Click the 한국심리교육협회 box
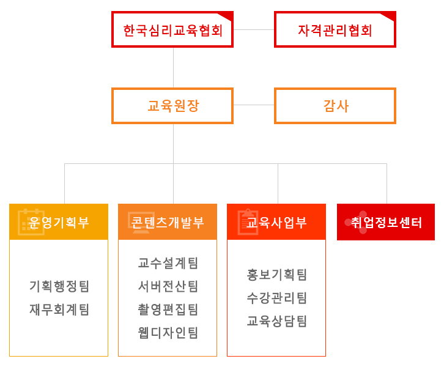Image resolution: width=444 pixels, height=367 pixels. [172, 29]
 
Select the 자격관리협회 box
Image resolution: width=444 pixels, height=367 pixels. [335, 29]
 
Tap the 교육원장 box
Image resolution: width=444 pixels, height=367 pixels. [172, 106]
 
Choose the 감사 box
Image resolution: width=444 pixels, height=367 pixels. [335, 106]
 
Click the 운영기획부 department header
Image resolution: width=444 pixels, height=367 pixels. [59, 221]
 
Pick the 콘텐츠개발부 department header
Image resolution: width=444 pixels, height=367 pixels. [168, 221]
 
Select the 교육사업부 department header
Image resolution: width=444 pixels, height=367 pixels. [276, 221]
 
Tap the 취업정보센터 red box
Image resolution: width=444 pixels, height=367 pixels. [386, 222]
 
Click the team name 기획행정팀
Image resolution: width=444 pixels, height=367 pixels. [59, 286]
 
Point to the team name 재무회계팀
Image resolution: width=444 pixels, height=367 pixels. [59, 310]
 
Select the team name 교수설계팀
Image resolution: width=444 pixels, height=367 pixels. [168, 263]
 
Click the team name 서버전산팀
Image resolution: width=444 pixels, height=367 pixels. [168, 286]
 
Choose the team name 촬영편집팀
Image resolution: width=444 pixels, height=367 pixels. [168, 310]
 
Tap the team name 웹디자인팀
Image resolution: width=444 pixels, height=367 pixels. [168, 333]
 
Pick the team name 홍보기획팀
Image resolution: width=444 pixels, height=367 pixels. [276, 275]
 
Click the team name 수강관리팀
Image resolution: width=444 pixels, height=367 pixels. [276, 298]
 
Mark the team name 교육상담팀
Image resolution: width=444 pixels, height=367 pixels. [276, 321]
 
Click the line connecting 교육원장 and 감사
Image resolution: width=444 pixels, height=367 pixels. [254, 105]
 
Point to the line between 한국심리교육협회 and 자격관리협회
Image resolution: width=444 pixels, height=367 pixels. [254, 29]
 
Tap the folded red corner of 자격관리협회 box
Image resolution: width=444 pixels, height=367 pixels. [390, 16]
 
